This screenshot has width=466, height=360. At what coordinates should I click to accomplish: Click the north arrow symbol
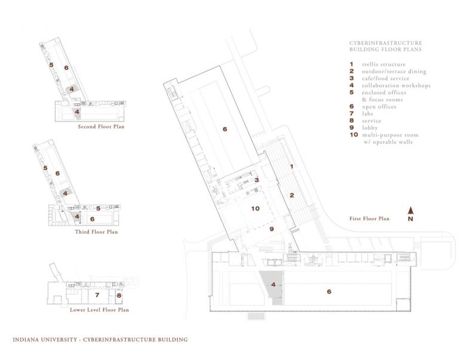point(410,211)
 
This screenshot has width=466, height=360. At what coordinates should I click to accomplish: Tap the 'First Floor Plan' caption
point(369,219)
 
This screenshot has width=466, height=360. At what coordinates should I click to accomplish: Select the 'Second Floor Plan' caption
point(101,127)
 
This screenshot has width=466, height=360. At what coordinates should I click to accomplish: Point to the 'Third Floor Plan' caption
point(96,232)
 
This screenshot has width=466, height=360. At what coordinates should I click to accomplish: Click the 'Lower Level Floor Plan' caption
point(99,309)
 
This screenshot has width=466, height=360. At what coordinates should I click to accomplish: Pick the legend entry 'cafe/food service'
point(385,78)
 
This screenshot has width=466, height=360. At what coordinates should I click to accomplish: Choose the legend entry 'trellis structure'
point(384,64)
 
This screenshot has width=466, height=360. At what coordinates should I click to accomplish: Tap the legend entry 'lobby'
point(370,128)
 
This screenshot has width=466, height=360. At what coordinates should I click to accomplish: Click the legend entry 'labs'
point(367,113)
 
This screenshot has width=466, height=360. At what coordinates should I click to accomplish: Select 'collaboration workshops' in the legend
point(396,85)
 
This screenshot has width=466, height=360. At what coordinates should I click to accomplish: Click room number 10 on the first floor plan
point(255,208)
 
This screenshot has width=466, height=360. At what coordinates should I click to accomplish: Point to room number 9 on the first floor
point(271,229)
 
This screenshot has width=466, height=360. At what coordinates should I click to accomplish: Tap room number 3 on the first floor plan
point(256,180)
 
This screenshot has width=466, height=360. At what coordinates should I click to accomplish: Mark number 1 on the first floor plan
point(292,167)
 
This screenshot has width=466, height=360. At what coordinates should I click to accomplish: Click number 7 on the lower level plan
point(97,295)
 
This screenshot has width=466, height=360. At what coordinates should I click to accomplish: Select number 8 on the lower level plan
point(119,296)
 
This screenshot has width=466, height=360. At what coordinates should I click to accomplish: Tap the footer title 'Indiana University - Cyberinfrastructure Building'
point(100,340)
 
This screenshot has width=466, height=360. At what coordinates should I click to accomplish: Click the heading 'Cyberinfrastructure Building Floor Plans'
point(386,46)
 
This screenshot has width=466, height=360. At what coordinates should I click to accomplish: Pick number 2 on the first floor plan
point(292,195)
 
